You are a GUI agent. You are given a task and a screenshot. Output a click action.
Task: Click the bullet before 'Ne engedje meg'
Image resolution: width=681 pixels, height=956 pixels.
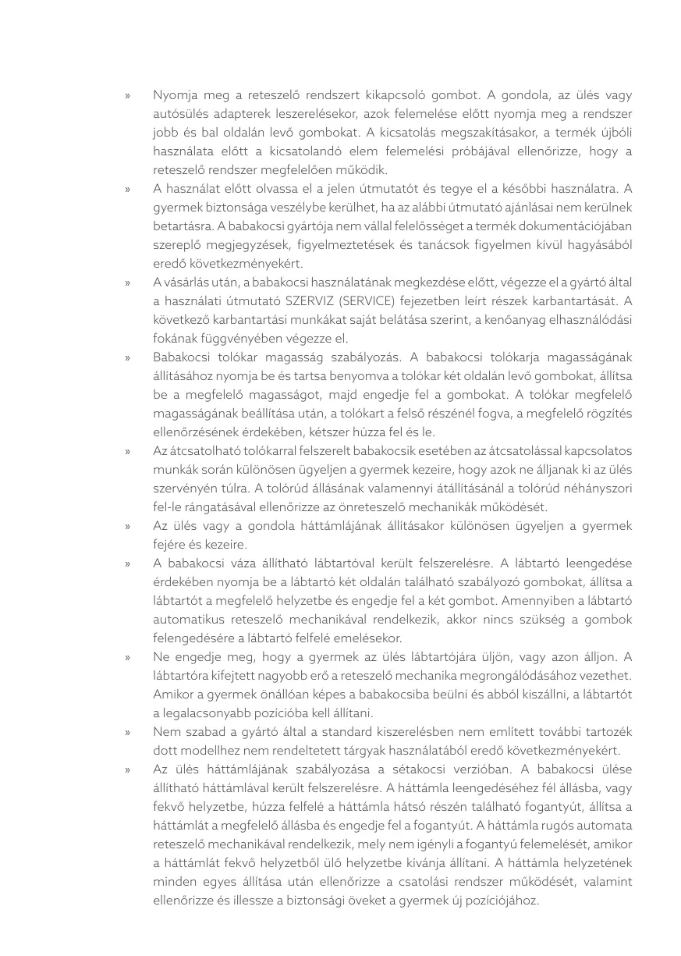tap(127, 657)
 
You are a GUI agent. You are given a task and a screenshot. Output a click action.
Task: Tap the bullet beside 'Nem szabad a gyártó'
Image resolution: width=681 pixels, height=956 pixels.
tap(127, 732)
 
